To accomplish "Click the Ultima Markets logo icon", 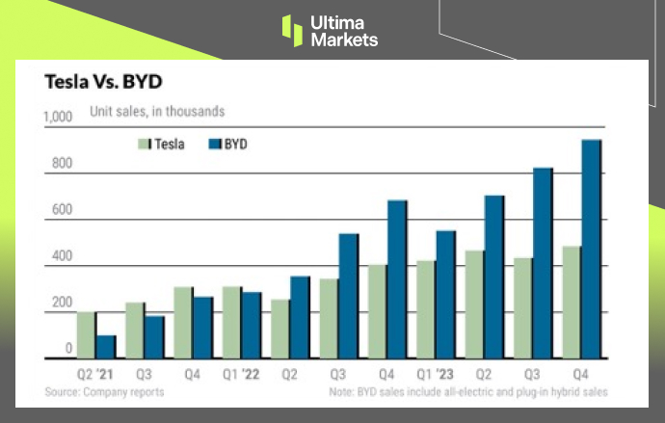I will (x=292, y=30).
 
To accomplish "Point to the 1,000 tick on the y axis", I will (x=59, y=117).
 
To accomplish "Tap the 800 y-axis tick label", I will (x=63, y=164).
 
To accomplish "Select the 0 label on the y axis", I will (x=68, y=348).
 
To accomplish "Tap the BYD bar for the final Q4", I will (x=591, y=249).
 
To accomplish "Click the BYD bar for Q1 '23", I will (x=445, y=294).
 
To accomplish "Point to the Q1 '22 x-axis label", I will (x=241, y=372).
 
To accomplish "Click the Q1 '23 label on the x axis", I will (x=435, y=372).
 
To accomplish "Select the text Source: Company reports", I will (x=104, y=392).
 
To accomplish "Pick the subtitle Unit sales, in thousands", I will (x=157, y=112).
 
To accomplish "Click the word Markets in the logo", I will (x=344, y=40).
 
